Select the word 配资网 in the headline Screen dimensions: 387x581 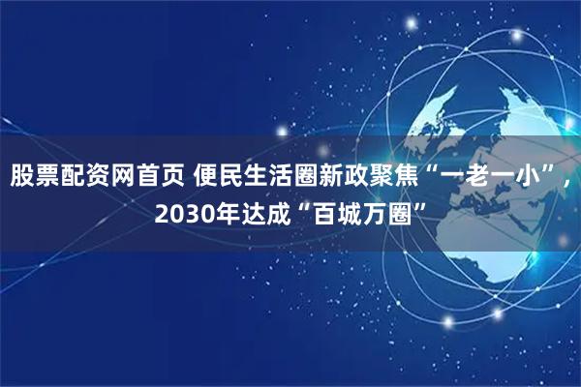92,177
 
